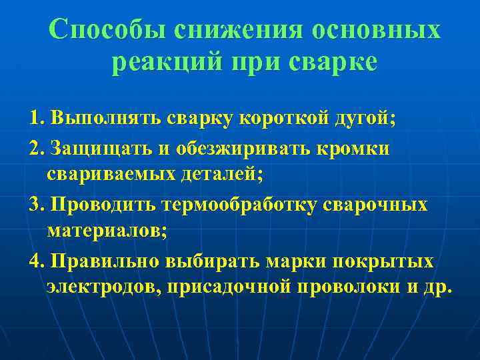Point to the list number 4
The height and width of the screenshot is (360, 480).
click(x=35, y=261)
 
